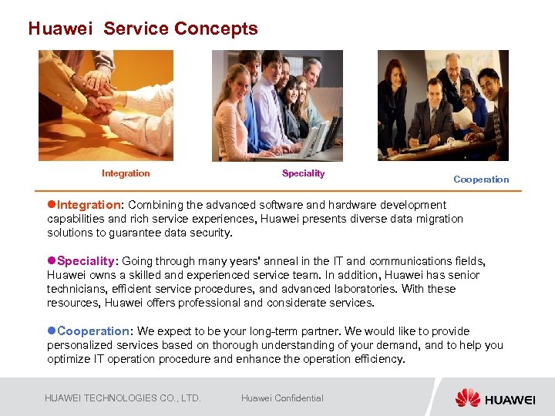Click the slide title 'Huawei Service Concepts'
pos(143,29)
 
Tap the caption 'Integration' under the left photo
pos(126,173)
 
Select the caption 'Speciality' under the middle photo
pos(303,173)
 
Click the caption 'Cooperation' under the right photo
pos(481,179)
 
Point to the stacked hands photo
pos(106,105)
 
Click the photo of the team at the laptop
pos(277,105)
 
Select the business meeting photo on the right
pos(442,105)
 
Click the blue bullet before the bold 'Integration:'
pos(52,205)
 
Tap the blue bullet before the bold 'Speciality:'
pos(52,261)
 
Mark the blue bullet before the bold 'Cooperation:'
pos(52,331)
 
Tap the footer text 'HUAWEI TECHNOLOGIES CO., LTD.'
pos(123,398)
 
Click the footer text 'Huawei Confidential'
pos(282,398)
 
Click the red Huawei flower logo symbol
pos(467,398)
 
